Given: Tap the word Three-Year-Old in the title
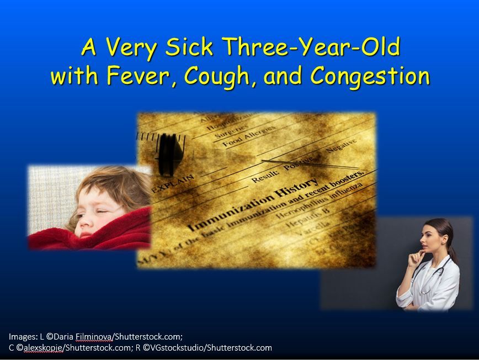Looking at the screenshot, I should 310,47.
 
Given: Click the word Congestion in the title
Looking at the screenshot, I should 370,76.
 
